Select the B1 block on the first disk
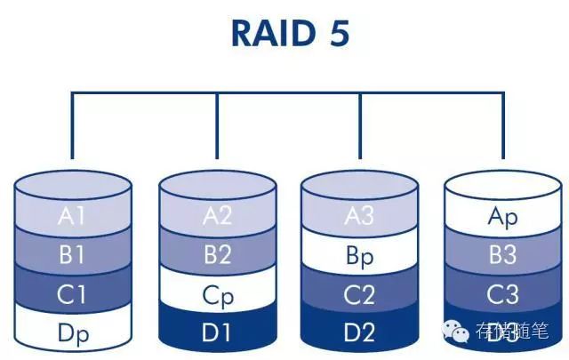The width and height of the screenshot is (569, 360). point(73,256)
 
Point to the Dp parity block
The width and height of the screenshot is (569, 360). point(73,333)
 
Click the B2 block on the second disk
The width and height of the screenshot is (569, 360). point(217,256)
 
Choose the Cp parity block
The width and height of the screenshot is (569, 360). point(217,295)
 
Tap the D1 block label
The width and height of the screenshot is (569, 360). point(217,333)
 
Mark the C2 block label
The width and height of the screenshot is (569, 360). point(359,295)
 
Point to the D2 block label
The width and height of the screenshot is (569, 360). point(359,333)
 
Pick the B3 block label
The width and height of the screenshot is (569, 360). point(502,256)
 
